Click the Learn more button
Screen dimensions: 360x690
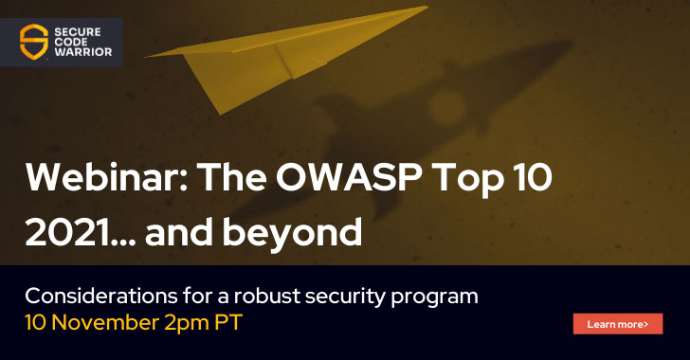click(617, 324)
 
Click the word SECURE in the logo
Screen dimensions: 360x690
click(86, 29)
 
